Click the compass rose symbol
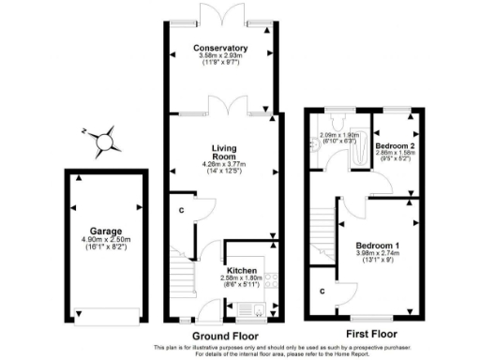[106, 141]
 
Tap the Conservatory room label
[220, 48]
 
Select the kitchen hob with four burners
[272, 278]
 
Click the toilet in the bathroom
[336, 123]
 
